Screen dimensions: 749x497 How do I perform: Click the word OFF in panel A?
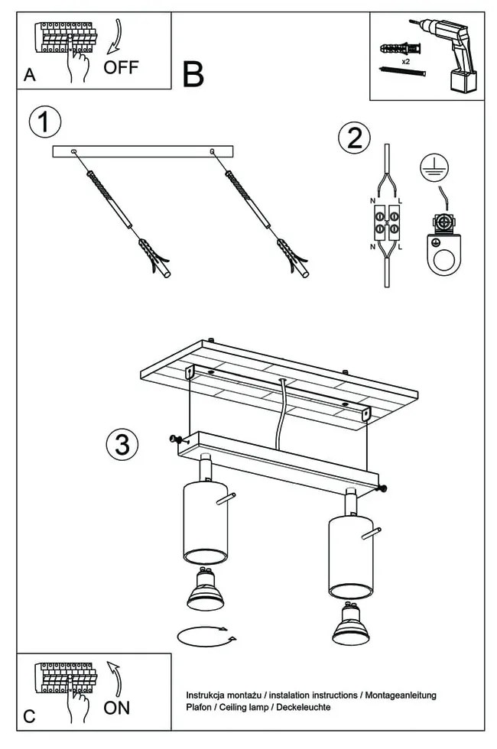[x=121, y=67]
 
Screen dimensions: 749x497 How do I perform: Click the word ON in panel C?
[x=117, y=707]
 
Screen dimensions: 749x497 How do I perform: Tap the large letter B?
[x=193, y=75]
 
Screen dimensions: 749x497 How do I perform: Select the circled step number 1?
[x=44, y=122]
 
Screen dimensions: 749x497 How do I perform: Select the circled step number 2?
[x=354, y=138]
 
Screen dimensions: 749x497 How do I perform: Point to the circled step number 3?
[x=122, y=444]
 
